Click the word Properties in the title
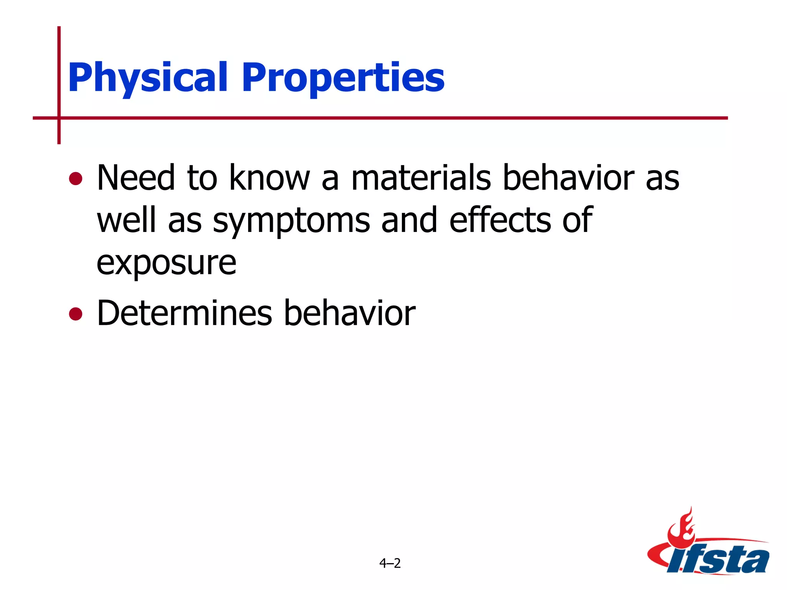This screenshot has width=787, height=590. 343,78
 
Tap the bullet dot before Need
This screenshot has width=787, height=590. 76,179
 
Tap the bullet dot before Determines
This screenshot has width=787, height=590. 76,314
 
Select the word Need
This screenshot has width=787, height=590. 136,177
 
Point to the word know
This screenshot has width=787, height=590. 269,177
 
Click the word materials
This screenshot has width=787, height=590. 421,177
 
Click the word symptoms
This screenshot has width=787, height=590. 291,221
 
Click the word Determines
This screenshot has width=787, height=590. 184,313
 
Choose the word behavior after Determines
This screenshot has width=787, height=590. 350,313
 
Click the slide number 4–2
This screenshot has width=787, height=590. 390,563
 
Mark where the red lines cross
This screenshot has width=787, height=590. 59,118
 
